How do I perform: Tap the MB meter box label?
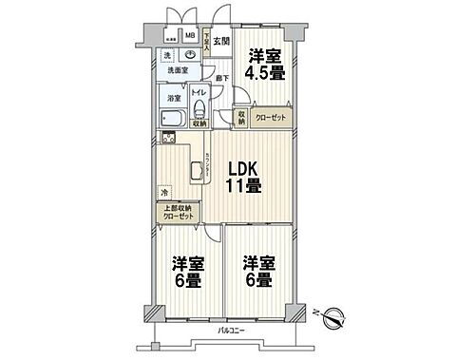tap(191, 37)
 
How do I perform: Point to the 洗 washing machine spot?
tap(166, 55)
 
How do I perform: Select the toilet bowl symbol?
tap(199, 107)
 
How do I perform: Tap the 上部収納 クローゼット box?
tap(178, 212)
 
